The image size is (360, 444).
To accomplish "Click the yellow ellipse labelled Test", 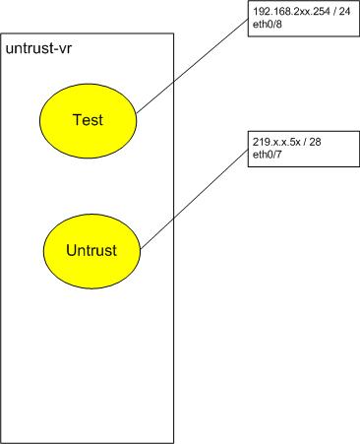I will point(88,119).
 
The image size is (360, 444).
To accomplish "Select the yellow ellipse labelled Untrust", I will point(91,249).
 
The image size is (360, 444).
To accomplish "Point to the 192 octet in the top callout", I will point(262,9).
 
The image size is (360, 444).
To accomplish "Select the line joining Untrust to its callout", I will point(197,197).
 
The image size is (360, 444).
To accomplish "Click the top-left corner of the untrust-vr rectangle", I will point(2,33).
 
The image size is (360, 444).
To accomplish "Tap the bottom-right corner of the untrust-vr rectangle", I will point(174,441).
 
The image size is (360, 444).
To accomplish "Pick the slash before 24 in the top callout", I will point(327,9).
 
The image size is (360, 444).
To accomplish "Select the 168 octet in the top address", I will point(279,9).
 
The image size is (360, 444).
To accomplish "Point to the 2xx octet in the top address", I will point(296,9).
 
